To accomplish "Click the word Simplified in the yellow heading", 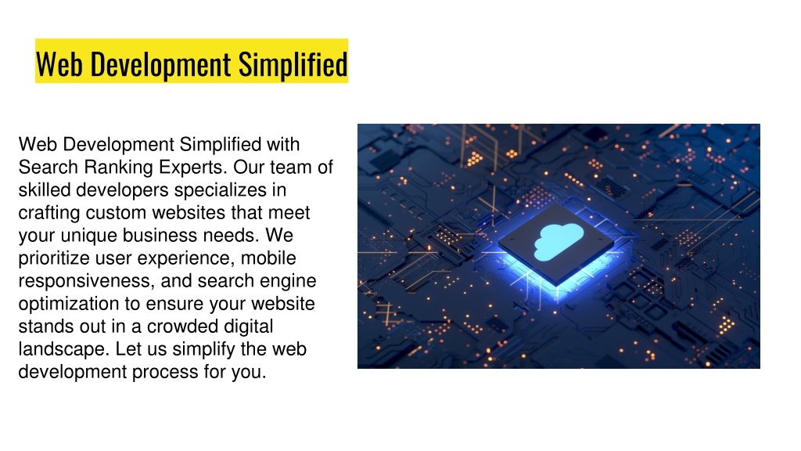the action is pos(293,64).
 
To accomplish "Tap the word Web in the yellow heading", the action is pos(59,64).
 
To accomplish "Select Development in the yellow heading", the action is pos(160,66).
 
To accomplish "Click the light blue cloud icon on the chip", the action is pos(559,241).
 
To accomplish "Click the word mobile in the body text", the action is pos(268,258).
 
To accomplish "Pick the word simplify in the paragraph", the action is pos(204,349).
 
